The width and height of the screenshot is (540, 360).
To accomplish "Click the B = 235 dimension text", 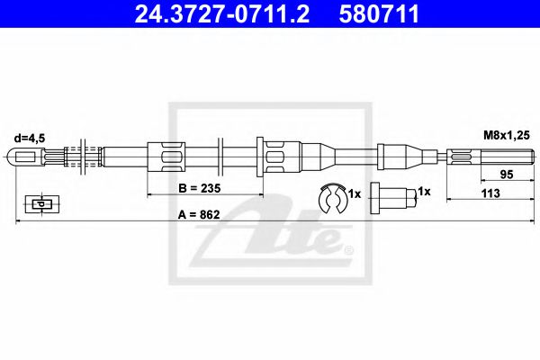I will (x=200, y=189).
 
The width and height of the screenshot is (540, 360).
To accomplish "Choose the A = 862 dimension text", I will (x=200, y=215).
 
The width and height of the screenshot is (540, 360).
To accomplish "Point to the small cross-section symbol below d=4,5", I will (x=39, y=203).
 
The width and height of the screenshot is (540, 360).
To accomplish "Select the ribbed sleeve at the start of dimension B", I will (x=168, y=158).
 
